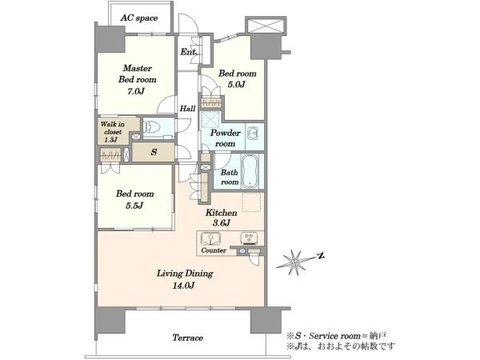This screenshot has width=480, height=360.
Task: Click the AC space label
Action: tap(139, 18)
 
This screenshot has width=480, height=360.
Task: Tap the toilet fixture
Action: tap(152, 126)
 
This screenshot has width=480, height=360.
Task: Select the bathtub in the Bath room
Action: tap(250, 172)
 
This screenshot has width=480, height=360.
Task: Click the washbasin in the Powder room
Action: tap(253, 134)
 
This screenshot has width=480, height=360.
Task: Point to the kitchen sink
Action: tap(210, 238)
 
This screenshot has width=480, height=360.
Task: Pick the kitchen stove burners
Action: tap(249, 238)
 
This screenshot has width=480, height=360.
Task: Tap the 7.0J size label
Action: tap(136, 91)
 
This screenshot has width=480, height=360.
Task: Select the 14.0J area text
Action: tap(185, 286)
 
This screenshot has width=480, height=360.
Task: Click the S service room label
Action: tap(154, 152)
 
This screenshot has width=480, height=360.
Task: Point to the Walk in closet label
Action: tap(112, 132)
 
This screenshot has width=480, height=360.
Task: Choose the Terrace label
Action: tap(188, 338)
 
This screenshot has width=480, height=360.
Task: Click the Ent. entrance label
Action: tap(188, 52)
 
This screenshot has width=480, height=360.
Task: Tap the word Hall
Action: tap(187, 108)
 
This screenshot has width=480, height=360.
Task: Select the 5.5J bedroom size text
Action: tap(134, 206)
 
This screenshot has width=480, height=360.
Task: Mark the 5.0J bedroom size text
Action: tap(236, 85)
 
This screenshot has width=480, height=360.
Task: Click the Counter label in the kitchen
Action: tap(214, 250)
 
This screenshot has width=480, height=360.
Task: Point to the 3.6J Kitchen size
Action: tap(221, 223)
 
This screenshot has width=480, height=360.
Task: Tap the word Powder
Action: tap(226, 134)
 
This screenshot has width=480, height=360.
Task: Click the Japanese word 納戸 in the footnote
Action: tap(378, 336)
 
